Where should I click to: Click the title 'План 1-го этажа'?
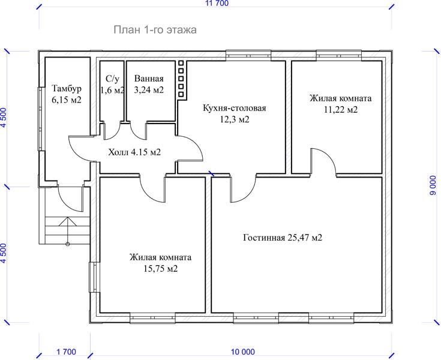pos(155,30)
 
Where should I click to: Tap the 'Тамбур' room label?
pos(67,89)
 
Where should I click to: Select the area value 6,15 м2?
pos(67,100)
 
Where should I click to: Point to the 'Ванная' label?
pos(149,79)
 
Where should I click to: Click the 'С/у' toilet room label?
pos(113,79)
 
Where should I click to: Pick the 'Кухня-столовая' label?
pos(234,108)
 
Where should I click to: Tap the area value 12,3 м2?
pos(234,119)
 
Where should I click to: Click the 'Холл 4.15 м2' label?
pos(134,152)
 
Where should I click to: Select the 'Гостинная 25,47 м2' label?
pos(283,238)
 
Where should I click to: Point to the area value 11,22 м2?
pos(341,110)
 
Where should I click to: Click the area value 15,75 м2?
pos(161,269)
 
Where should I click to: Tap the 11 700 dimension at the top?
pos(217,4)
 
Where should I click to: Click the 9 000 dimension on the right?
pos(434,185)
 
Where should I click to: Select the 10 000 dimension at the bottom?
pos(243,352)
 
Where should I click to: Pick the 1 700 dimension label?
pos(67,352)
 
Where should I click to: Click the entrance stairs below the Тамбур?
pos(67,230)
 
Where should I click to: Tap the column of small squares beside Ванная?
pos(181,79)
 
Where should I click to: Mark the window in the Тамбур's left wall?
pos(41,119)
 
